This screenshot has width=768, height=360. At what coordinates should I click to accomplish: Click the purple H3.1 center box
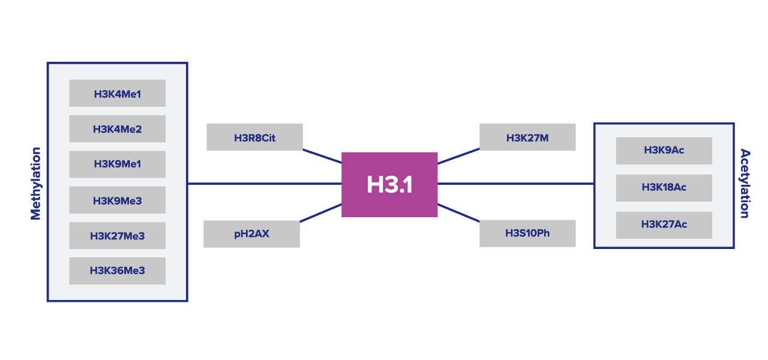click(389, 184)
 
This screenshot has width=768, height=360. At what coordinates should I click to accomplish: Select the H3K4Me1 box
click(117, 94)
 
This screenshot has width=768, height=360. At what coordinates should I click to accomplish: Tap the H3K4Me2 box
click(117, 129)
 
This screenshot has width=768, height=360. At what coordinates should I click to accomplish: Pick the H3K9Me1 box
click(117, 164)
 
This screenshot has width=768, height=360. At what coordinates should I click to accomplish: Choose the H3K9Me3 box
click(117, 200)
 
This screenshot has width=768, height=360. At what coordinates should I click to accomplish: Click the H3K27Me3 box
click(117, 236)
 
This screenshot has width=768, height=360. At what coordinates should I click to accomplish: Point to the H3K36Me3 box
click(117, 271)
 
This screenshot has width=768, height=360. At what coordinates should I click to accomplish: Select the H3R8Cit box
click(254, 137)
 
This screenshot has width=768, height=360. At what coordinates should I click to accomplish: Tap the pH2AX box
click(251, 234)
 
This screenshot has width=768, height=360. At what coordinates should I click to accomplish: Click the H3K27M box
click(527, 137)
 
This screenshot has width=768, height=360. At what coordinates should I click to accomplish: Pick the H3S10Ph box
click(527, 233)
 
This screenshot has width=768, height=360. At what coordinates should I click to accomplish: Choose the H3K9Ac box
click(664, 151)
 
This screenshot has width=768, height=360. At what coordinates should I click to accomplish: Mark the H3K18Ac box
click(664, 188)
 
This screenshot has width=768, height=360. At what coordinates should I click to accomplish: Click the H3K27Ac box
click(664, 225)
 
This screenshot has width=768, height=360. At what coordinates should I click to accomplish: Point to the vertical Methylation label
click(36, 184)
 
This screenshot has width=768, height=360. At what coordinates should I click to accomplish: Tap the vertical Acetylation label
click(745, 184)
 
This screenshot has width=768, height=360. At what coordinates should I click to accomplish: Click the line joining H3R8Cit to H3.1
click(322, 156)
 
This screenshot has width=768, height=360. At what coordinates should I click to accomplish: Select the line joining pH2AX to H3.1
click(321, 213)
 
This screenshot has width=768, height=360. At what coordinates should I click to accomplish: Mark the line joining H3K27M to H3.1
click(458, 156)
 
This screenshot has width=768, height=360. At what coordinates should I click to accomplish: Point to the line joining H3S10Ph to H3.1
click(458, 212)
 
